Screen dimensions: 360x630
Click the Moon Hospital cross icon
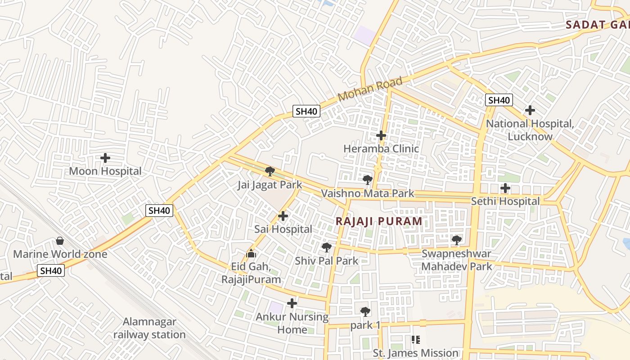(105, 158)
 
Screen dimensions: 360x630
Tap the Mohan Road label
(369, 89)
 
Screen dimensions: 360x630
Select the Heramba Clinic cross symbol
(381, 135)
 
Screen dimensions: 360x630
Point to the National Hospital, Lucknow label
(530, 130)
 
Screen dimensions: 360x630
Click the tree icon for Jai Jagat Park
(270, 171)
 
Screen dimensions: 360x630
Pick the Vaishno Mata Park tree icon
(368, 180)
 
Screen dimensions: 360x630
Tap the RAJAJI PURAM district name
(379, 221)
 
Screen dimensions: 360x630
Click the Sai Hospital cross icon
(283, 216)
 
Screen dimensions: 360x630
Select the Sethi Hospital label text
(505, 201)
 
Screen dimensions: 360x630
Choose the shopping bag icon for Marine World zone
(60, 241)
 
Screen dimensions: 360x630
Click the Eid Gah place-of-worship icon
(251, 254)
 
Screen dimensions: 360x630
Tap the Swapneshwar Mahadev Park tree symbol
(457, 240)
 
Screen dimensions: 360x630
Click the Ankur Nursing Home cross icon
(292, 303)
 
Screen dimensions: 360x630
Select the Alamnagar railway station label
(149, 328)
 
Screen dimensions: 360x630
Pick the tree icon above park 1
(365, 311)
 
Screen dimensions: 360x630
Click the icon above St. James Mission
(415, 340)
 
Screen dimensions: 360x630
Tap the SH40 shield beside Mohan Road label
(306, 111)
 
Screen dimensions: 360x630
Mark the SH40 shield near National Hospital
(499, 100)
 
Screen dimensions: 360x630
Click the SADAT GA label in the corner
(597, 25)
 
